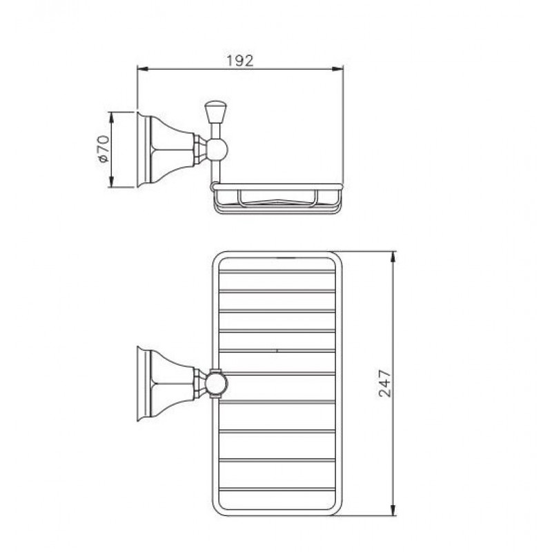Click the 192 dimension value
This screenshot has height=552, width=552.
click(x=239, y=61)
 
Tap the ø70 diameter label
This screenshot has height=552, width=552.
click(x=103, y=149)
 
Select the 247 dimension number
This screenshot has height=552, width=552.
click(x=384, y=384)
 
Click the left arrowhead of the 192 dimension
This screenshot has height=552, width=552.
click(x=141, y=70)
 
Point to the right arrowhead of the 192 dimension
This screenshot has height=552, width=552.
click(x=338, y=70)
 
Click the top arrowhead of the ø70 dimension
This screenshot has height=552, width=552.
click(x=112, y=117)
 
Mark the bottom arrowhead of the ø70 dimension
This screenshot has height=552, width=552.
click(x=112, y=182)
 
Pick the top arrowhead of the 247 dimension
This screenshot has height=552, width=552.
click(x=393, y=257)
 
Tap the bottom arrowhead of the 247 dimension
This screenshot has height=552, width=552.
click(x=393, y=511)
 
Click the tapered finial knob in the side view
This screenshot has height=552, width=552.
click(x=215, y=112)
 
